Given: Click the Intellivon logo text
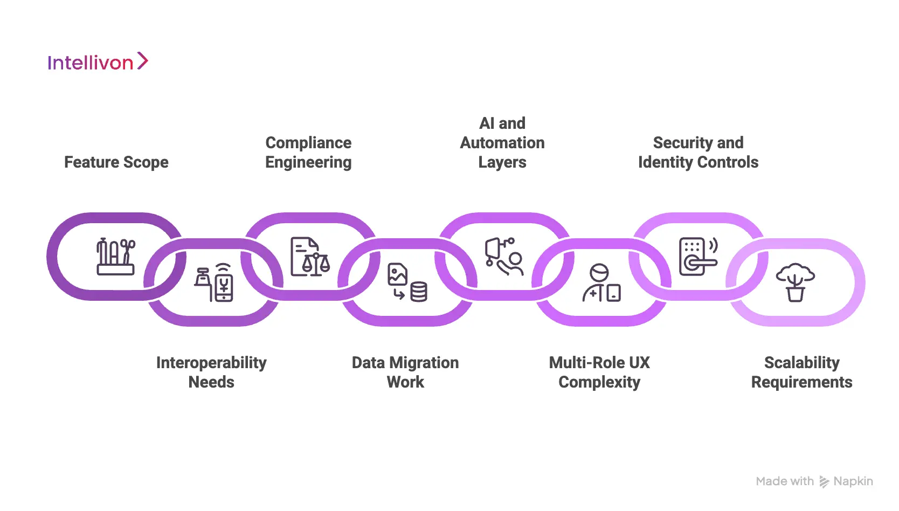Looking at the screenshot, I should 90,63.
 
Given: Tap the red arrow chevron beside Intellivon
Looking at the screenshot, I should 142,61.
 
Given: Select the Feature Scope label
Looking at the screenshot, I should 116,162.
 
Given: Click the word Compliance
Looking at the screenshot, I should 308,143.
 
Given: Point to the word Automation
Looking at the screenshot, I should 502,143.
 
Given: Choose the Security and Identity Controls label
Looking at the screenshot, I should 698,153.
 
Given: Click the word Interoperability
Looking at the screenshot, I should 211,363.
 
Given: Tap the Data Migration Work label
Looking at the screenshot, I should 405,372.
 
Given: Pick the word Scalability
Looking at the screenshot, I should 801,363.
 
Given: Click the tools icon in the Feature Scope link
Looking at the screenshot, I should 116,257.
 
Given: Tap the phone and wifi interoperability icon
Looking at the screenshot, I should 215,282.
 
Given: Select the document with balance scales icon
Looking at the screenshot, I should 310,257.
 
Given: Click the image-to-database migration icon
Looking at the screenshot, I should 407,282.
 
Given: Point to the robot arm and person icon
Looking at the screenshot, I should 504,257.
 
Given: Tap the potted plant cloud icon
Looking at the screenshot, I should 796,282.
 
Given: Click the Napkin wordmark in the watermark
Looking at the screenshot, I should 853,481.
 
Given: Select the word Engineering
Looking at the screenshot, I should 308,162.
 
